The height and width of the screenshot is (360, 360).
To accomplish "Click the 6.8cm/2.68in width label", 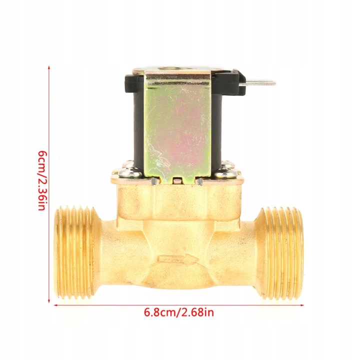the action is (179, 312).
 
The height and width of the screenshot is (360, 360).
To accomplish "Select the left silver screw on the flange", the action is (130, 172).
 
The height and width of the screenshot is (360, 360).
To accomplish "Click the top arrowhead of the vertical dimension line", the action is (48, 67).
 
